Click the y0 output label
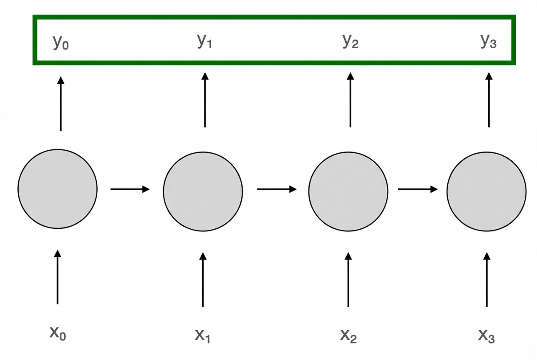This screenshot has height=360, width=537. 60,43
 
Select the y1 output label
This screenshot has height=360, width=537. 204,42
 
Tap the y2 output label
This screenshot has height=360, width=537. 350,42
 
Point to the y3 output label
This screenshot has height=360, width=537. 488,42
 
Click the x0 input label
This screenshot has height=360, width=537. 58,333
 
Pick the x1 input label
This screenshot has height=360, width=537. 203,335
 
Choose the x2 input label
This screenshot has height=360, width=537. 348,335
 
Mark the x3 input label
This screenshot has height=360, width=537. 486,335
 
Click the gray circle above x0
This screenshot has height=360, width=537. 57,189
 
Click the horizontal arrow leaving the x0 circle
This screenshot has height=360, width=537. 130,189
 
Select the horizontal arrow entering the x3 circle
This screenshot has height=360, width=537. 418,189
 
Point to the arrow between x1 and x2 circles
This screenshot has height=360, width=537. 277,189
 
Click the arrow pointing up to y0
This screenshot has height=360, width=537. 60,104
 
